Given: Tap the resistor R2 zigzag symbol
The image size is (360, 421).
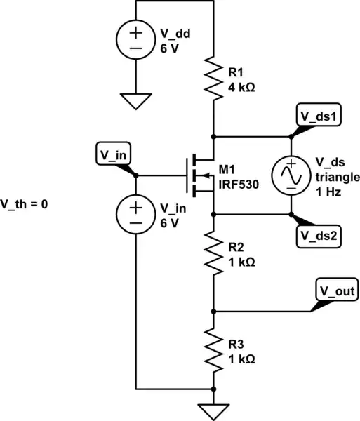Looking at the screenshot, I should [213, 253].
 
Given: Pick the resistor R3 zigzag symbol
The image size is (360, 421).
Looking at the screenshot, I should [213, 348].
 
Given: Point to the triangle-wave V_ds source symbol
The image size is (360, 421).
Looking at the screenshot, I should [291, 175].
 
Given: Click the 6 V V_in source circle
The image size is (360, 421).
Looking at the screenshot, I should [135, 214].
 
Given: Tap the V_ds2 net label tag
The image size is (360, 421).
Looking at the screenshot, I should [320, 235].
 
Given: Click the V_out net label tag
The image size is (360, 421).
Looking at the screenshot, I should [336, 290].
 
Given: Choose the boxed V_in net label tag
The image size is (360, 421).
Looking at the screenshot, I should [112, 153].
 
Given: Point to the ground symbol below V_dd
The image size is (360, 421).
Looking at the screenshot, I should [135, 102].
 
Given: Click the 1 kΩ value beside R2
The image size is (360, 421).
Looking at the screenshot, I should [242, 260].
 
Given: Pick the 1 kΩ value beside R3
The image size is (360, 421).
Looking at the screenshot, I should [242, 357].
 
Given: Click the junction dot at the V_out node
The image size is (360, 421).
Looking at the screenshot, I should [213, 310].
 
